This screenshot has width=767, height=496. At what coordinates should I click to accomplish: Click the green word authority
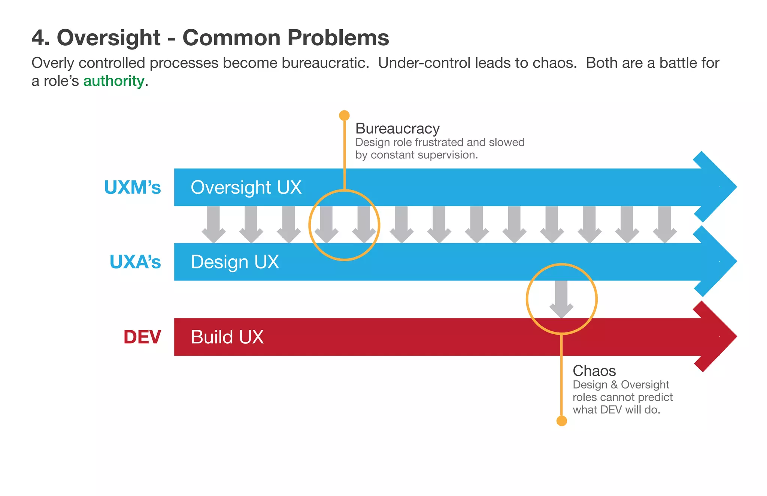113,81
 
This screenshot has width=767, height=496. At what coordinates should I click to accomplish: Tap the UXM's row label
132,187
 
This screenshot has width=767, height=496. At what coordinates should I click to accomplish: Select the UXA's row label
135,262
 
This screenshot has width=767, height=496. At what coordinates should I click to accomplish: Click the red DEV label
142,337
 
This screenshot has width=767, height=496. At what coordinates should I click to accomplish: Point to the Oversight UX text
246,187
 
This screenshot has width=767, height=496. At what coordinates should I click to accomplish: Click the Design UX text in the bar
235,262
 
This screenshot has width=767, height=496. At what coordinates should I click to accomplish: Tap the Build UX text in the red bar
227,337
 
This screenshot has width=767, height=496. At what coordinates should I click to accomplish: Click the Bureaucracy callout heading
397,128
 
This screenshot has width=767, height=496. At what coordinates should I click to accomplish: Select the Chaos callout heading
594,371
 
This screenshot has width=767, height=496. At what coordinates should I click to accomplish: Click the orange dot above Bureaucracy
344,115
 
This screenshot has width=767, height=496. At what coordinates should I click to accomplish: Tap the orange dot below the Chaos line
561,421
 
